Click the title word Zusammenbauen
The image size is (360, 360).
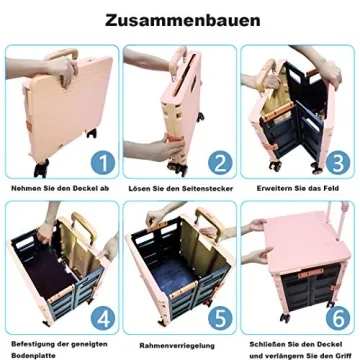coord(180,20)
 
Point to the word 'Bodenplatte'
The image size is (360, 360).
coord(30,353)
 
